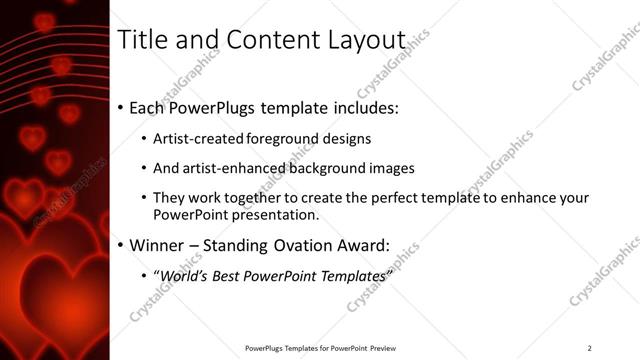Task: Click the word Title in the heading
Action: pyautogui.click(x=143, y=40)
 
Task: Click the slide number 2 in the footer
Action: pyautogui.click(x=589, y=348)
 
